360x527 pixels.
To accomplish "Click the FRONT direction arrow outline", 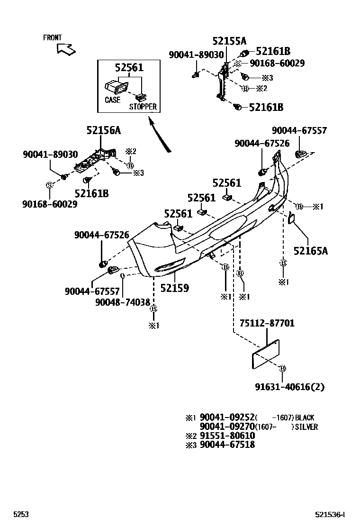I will (66, 48).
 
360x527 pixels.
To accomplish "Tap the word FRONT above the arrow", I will (52, 37).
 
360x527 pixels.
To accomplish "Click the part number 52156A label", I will (103, 131).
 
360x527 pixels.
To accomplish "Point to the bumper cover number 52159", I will (174, 288).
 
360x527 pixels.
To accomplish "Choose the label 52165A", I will (310, 251).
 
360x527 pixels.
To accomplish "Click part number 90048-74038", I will (122, 302).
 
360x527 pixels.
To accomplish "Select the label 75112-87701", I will (267, 323).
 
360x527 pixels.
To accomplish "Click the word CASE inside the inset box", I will (112, 100).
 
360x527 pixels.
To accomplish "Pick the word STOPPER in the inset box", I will (143, 107).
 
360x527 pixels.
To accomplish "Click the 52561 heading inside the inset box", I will (129, 68).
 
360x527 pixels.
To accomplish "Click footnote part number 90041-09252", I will (227, 418).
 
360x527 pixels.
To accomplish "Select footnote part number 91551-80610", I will (227, 436).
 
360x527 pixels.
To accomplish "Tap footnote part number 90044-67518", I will (227, 445).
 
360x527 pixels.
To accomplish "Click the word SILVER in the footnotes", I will (305, 427).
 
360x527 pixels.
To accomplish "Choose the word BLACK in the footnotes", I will (304, 418).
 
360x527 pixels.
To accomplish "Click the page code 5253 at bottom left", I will (21, 514).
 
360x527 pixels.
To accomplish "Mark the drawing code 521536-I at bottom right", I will (330, 514).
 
